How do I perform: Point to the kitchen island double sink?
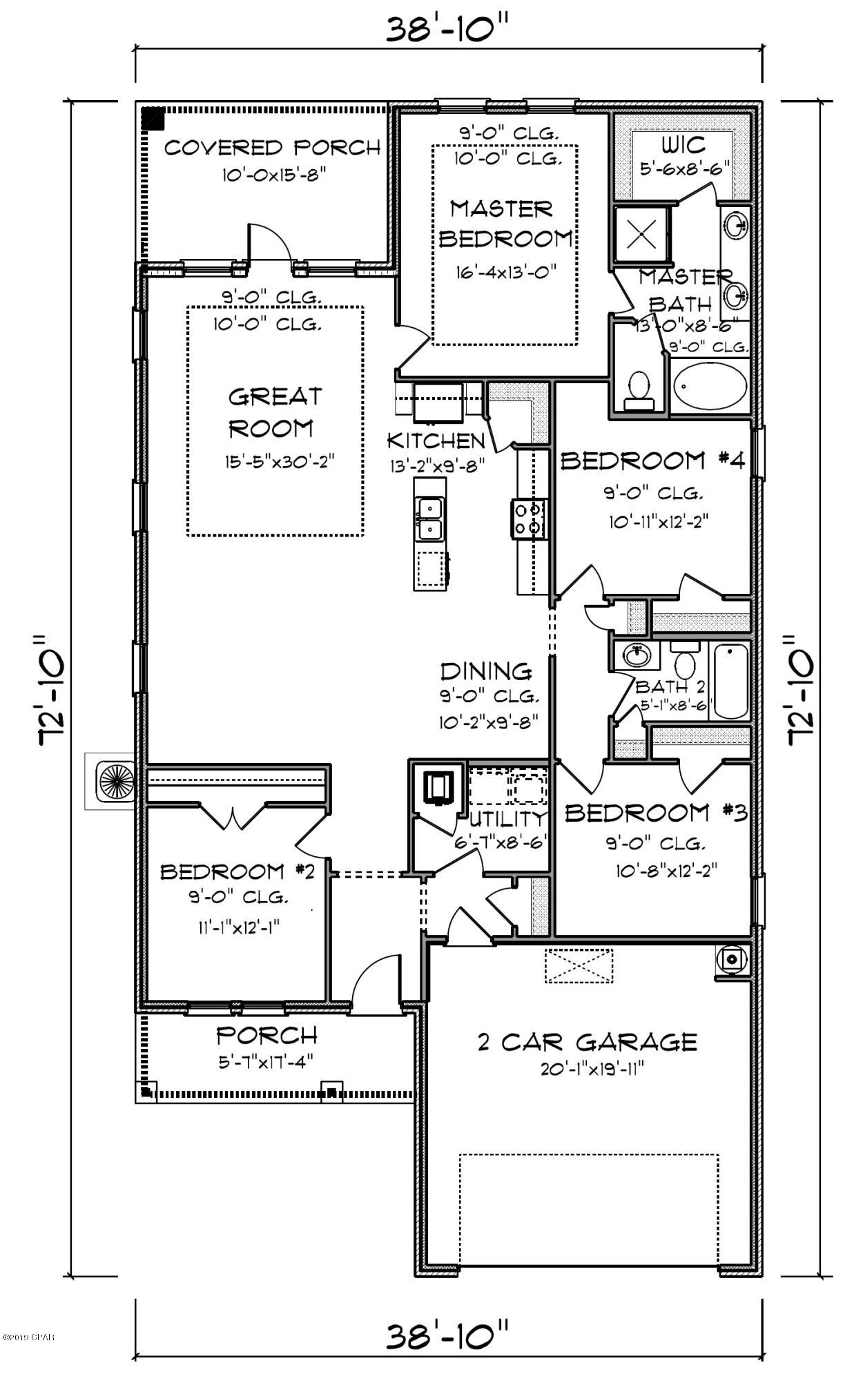tap(429, 519)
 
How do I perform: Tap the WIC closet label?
tap(683, 146)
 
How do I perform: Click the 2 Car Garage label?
tap(587, 1041)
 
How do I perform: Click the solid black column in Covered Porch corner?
tap(153, 119)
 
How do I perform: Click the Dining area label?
tap(486, 670)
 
